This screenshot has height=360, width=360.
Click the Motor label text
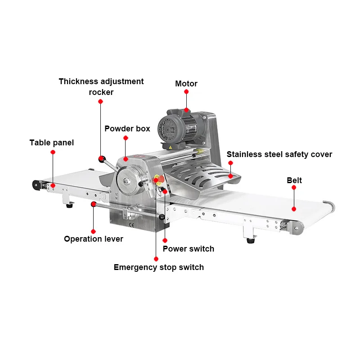point(186,84)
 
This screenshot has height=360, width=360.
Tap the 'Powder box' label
point(127,129)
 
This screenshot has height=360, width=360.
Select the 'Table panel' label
point(52,143)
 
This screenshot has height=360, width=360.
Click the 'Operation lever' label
point(94,239)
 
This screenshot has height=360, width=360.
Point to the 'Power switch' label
point(189,249)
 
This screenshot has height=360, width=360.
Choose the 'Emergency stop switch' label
point(159,267)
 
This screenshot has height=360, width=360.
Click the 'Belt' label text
point(294,180)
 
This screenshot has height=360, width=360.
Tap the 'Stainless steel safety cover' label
point(279,154)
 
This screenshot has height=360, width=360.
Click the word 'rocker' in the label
point(101,92)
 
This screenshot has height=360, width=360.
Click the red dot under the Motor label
point(186,91)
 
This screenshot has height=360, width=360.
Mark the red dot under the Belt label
point(294,208)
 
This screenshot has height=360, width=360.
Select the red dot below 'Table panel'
point(53,152)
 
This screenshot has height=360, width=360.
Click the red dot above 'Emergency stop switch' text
point(156,259)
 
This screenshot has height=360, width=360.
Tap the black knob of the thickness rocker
point(102,158)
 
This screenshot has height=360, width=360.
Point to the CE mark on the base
point(131,224)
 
